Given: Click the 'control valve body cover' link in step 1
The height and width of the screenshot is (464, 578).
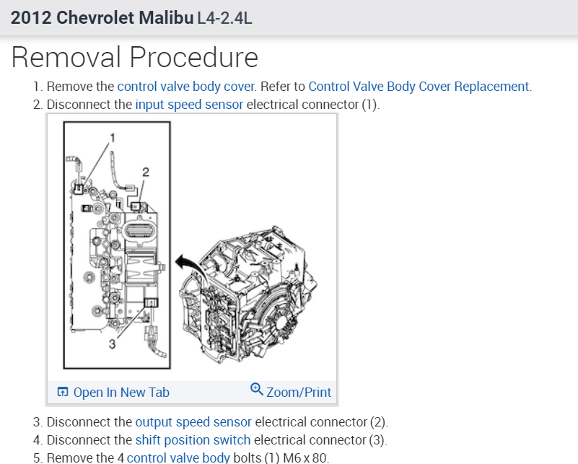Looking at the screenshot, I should pos(186,87).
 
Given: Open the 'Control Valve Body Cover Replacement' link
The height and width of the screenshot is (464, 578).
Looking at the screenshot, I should pos(419,87).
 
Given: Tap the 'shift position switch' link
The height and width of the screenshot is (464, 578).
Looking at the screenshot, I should pos(193,439).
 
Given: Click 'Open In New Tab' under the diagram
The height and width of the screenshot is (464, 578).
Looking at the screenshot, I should pos(121,393).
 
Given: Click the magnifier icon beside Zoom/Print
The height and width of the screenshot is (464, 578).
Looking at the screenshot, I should pos(256,390).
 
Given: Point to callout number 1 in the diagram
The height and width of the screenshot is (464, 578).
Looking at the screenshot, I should pos(112,137).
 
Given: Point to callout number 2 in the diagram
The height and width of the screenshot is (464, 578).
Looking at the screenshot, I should pos(146,171).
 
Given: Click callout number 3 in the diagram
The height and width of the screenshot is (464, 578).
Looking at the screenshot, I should pos(112,344).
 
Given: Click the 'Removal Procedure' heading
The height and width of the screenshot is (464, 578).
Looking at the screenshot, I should pos(135,56).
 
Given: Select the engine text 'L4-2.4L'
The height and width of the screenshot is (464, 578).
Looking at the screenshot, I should pos(225,17).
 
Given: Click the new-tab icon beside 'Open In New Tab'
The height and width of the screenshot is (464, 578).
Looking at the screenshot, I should pos(62,393).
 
